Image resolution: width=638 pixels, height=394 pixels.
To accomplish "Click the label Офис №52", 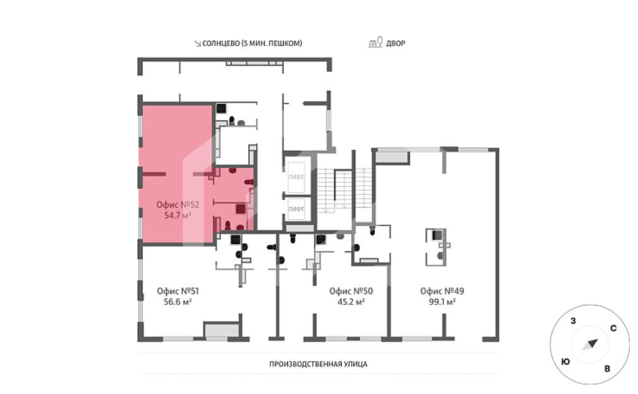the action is pos(178,205).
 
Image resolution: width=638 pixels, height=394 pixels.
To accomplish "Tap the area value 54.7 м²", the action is pos(178,215).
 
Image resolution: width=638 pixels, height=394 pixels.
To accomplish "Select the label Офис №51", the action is pos(178,291).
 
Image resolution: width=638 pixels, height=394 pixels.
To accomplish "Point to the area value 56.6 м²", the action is pos(178,302).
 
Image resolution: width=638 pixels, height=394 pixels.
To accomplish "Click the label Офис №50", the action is pos(351,291).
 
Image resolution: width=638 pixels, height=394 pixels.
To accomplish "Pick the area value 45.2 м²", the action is pos(351,302).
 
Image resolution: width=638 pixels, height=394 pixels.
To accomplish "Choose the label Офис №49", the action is pos(442,291).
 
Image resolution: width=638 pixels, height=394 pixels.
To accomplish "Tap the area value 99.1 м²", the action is pos(442,302).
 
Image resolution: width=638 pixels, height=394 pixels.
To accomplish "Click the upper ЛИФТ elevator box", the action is pos(296,177).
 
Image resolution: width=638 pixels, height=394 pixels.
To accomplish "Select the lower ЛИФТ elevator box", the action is pos(296,209).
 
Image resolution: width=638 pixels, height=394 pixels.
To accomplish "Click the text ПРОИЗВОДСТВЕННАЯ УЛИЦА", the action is pos(318,364).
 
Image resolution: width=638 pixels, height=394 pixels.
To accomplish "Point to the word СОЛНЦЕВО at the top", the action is pos(221,43).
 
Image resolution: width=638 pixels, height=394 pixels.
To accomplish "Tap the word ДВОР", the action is pos(395,43).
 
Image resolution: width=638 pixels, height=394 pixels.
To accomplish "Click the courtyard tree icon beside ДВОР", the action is pos(376,42).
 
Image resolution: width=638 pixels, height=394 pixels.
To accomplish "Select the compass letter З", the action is pos(574,321).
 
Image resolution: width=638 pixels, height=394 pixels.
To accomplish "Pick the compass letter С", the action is pos(613,328).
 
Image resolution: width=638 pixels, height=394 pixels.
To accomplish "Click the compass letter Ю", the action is pos(565,361).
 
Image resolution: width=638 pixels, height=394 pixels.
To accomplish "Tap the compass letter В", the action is pos(608,369).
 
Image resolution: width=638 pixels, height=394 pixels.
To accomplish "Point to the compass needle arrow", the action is pos(590,345).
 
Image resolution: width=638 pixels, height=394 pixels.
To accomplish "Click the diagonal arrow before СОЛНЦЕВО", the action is pos(198,44).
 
